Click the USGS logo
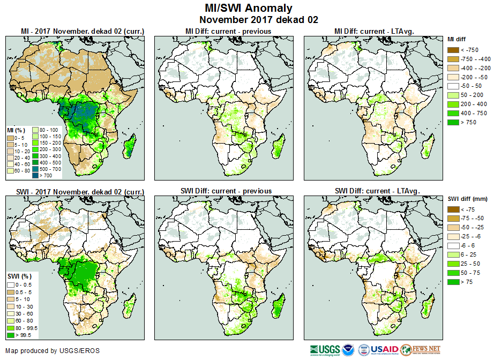(324, 350)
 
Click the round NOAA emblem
(349, 350)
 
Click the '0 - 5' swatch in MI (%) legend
(11, 138)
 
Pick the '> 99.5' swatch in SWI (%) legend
(11, 335)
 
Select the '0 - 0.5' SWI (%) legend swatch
(11, 284)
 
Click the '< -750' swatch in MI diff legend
(453, 50)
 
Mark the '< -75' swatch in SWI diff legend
(453, 209)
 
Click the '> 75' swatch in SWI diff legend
(453, 281)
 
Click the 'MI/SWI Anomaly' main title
(249, 8)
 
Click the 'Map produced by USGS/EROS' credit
(52, 351)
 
